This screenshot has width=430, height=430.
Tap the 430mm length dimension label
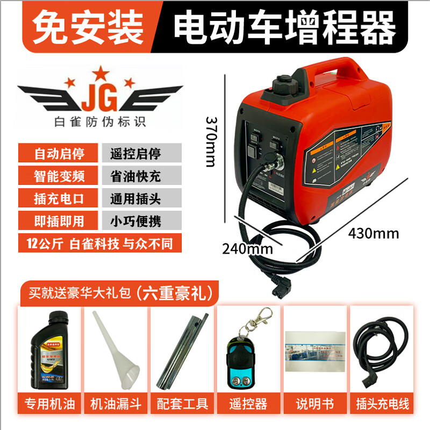pyautogui.click(x=374, y=233)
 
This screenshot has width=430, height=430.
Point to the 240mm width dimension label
pyautogui.click(x=248, y=249)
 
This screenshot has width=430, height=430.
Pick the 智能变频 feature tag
pyautogui.click(x=59, y=175)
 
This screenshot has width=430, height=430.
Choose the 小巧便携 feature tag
pyautogui.click(x=141, y=220)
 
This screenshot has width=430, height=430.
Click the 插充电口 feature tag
pyautogui.click(x=59, y=198)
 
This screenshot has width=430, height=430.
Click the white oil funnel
pyautogui.click(x=117, y=349)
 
